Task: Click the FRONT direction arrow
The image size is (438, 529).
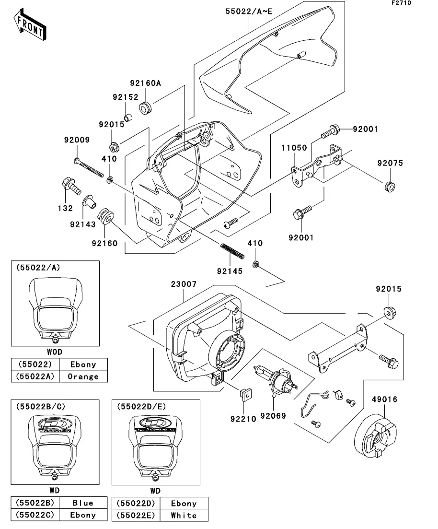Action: click(x=30, y=25)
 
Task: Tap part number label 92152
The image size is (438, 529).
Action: click(x=125, y=97)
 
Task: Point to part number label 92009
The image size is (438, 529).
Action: click(x=77, y=141)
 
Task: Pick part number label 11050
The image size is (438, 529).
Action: click(x=293, y=148)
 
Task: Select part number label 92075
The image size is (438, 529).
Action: click(x=390, y=163)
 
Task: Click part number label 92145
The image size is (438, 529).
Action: click(x=229, y=271)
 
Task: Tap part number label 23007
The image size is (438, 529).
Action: click(x=184, y=284)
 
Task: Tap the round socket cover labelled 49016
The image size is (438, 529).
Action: click(x=378, y=435)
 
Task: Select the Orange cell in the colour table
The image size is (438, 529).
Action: click(x=83, y=376)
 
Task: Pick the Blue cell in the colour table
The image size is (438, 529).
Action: click(x=83, y=503)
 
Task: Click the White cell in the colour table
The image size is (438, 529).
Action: click(x=184, y=515)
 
